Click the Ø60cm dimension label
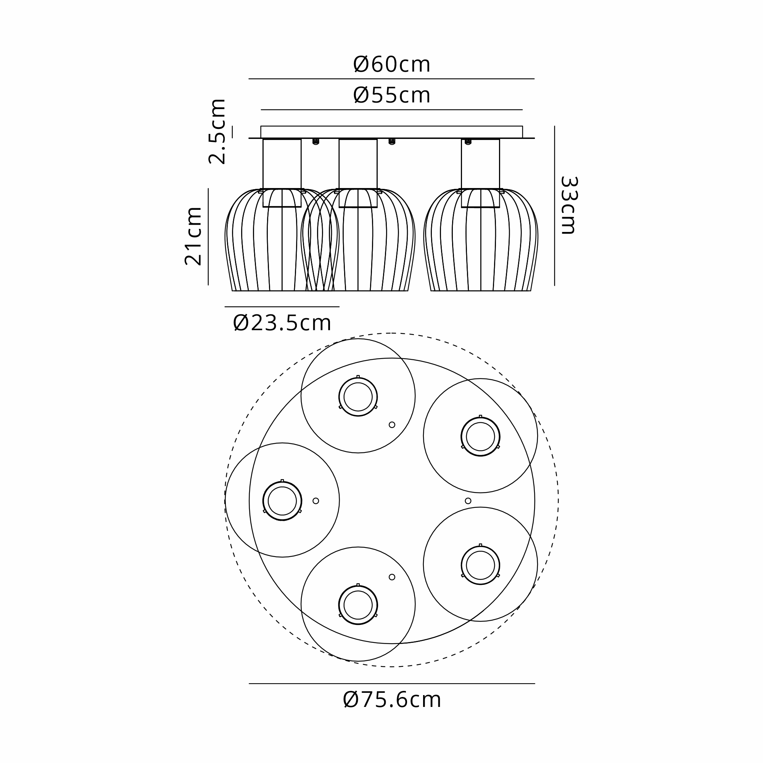[x=391, y=64]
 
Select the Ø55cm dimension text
[x=391, y=96]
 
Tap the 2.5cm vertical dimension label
[x=217, y=132]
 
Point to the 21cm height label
[x=193, y=236]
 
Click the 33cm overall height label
[x=569, y=205]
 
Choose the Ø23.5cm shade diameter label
[x=282, y=323]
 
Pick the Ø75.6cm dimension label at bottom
[x=392, y=699]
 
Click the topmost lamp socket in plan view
[x=358, y=396]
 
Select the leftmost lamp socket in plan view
[x=282, y=501]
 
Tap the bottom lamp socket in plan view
[x=358, y=605]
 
